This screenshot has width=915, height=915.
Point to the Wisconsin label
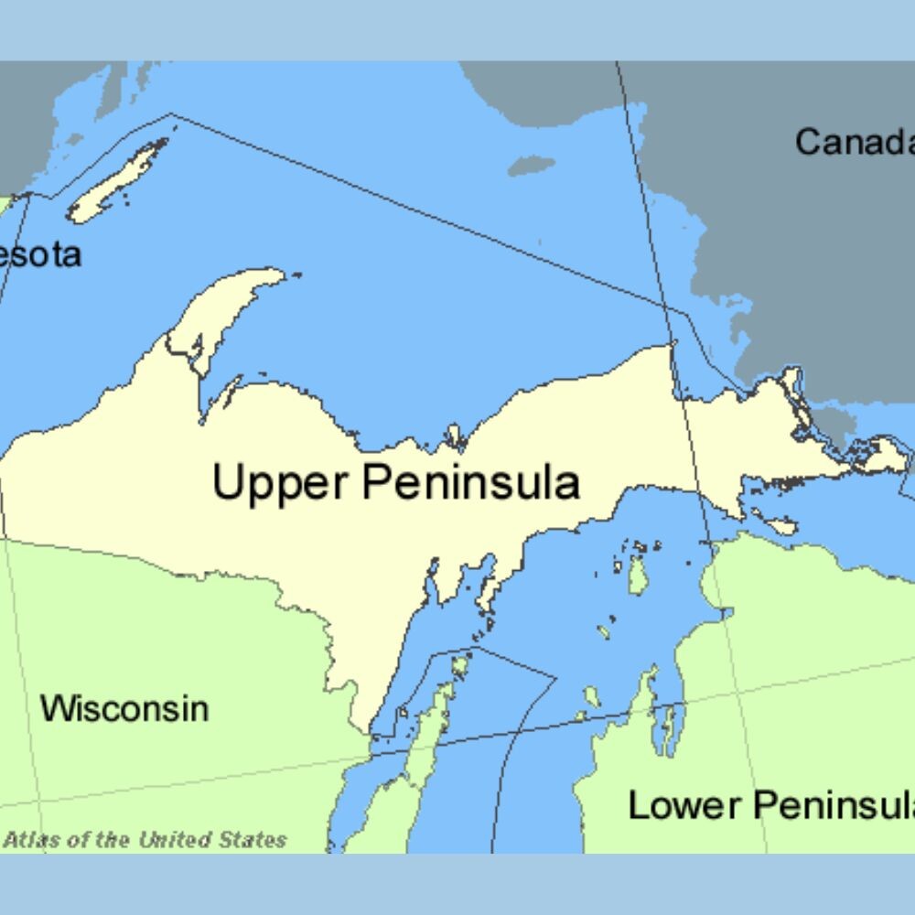[124, 708]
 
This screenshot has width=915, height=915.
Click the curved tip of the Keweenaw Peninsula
[274, 274]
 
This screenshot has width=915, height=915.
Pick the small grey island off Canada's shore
[531, 166]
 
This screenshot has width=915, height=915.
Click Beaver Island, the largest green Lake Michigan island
[638, 575]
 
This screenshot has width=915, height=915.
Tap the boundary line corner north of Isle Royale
[171, 114]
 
